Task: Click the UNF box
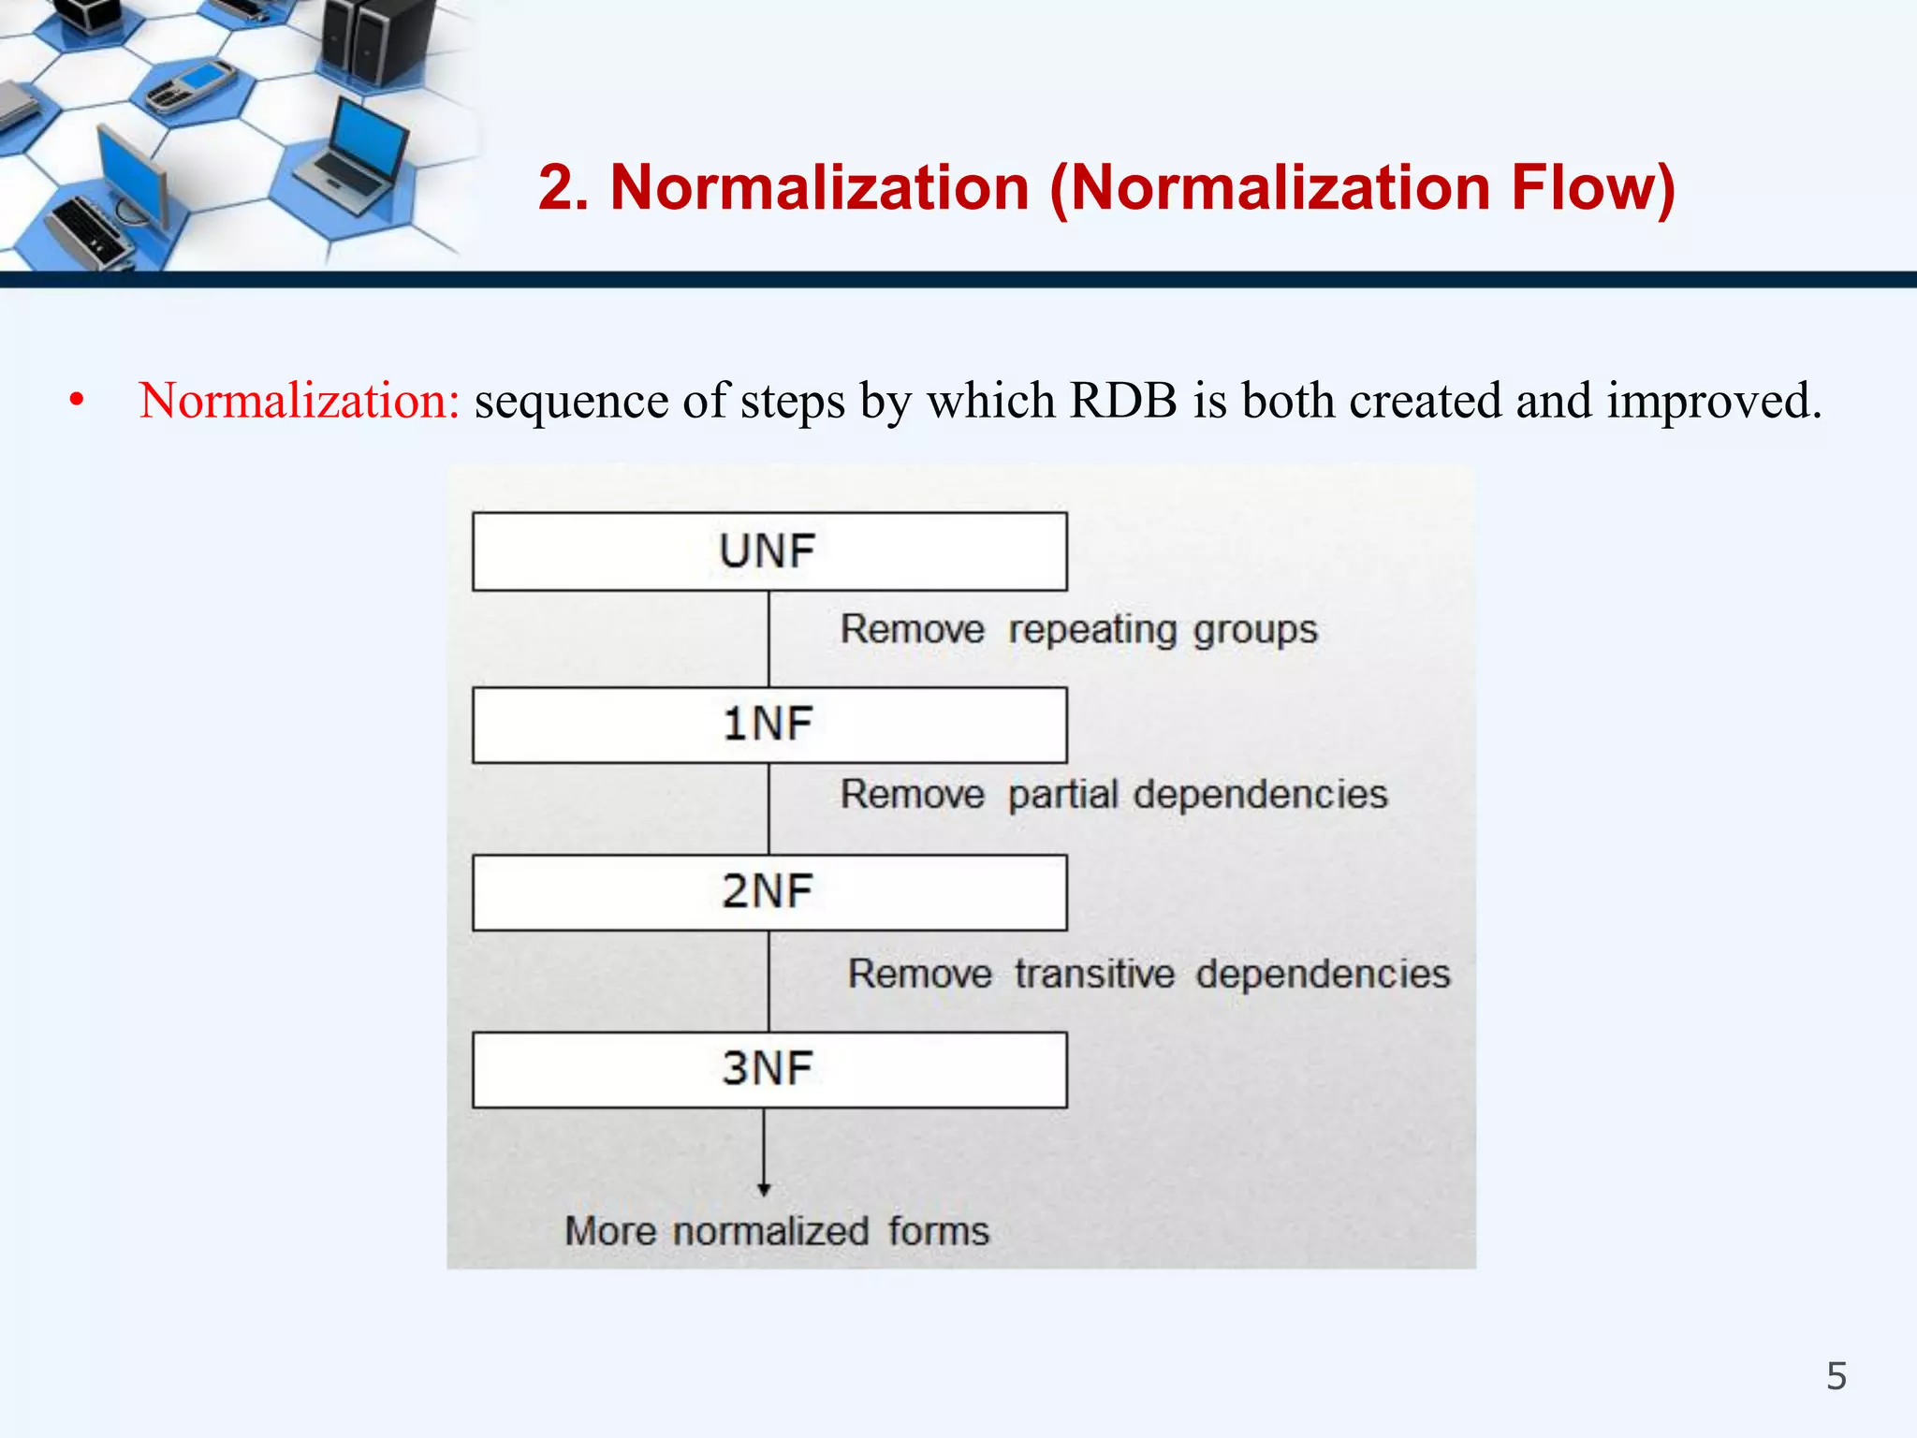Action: pos(769,551)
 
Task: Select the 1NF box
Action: pos(769,725)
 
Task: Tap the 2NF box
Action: pos(769,891)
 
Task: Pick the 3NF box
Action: pos(769,1069)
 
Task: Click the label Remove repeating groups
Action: pos(1077,629)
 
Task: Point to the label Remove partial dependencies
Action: pos(1113,795)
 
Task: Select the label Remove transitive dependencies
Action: pos(1149,974)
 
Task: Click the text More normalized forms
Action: pos(777,1230)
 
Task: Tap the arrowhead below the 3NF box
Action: pos(764,1189)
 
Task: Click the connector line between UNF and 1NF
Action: pos(768,638)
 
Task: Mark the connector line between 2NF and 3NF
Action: pos(768,981)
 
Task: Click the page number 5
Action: pos(1837,1376)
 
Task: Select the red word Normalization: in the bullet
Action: pos(299,401)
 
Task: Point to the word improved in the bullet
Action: pos(1713,401)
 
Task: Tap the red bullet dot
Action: pos(77,402)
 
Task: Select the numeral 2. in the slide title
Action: pos(563,187)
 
